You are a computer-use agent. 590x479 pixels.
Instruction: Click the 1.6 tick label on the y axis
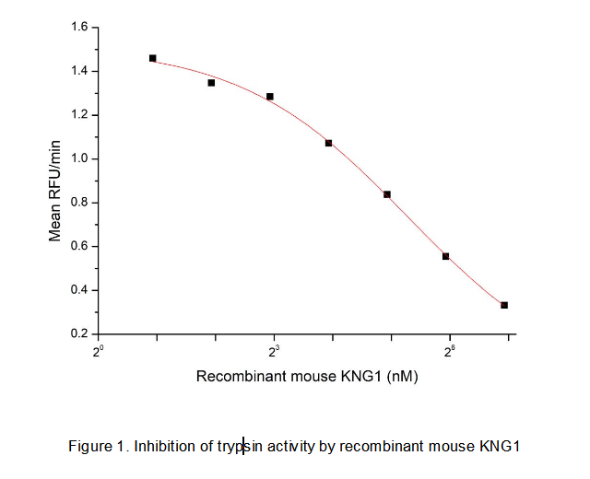(x=78, y=28)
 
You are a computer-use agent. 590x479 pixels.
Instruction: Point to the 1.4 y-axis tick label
(x=78, y=71)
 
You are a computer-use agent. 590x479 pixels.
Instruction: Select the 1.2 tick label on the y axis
(x=78, y=115)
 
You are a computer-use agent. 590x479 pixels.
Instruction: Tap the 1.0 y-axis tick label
(x=78, y=158)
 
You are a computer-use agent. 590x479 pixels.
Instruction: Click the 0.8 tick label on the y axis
(x=78, y=203)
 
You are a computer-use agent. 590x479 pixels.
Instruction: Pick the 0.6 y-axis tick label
(x=78, y=246)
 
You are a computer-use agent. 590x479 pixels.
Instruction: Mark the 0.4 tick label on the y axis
(x=78, y=290)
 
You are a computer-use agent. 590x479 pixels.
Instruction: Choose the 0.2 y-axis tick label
(x=78, y=333)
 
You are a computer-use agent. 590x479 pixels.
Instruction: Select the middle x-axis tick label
(x=274, y=351)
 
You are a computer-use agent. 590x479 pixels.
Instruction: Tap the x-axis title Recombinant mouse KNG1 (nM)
(x=307, y=376)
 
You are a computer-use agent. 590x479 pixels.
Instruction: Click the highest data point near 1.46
(x=153, y=58)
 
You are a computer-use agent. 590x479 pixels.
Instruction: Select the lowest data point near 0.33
(x=504, y=305)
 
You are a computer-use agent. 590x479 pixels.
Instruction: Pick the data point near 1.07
(x=328, y=143)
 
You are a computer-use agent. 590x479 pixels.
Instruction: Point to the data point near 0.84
(x=387, y=194)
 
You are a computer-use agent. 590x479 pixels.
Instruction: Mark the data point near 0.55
(x=445, y=256)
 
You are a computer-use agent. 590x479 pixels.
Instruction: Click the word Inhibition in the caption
(x=164, y=447)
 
